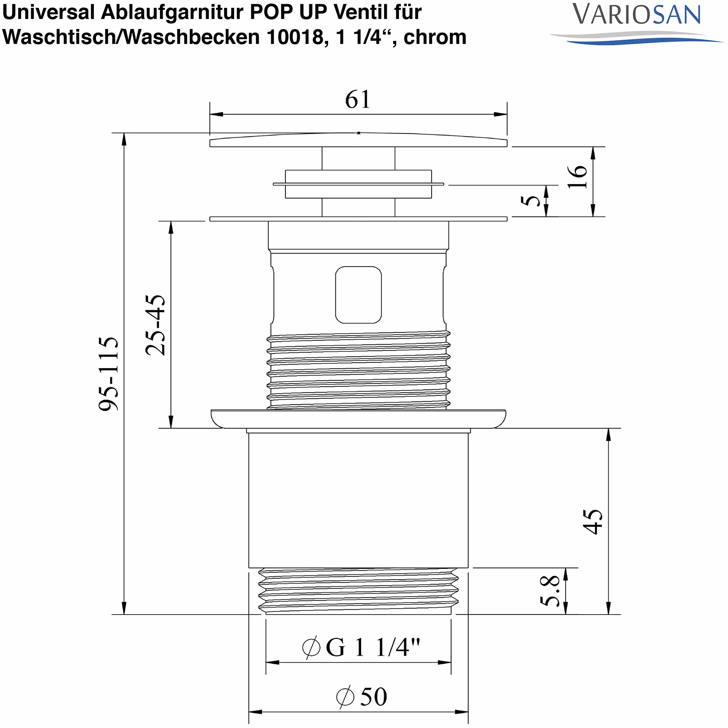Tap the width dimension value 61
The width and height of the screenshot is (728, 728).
tap(358, 99)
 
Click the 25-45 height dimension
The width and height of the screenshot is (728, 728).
tap(155, 325)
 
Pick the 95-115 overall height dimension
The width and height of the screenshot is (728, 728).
tap(108, 374)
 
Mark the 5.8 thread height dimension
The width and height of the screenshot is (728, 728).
tap(550, 591)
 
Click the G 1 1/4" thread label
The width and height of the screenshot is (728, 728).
tap(361, 647)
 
